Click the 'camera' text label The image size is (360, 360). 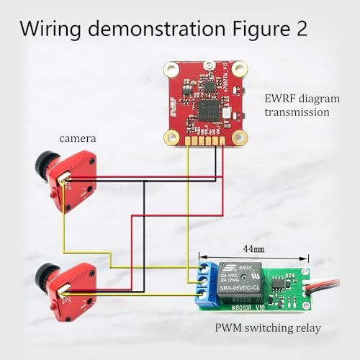78,138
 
